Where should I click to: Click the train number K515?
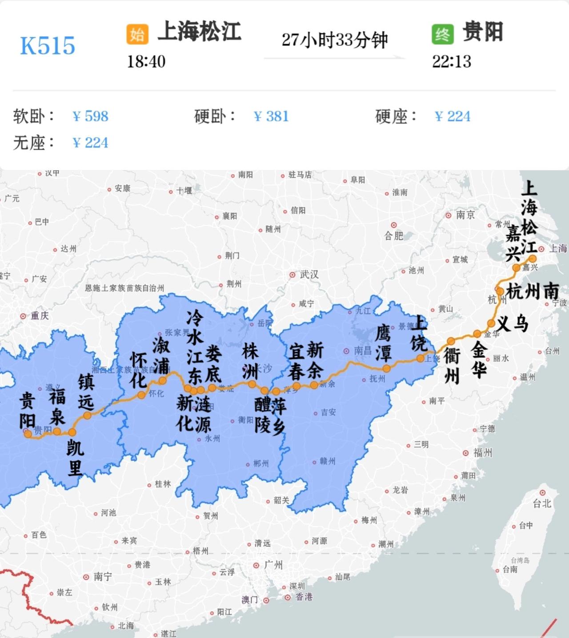click(48, 46)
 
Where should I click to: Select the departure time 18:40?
click(146, 61)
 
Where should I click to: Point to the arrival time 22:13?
click(451, 61)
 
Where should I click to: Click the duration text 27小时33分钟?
click(335, 40)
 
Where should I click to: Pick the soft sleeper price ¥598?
click(91, 116)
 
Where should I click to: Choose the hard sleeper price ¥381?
click(271, 116)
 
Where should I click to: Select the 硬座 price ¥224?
click(453, 116)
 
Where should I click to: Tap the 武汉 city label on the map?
click(309, 275)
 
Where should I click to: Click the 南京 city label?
click(465, 215)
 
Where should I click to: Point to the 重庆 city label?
click(39, 316)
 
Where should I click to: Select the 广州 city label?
click(273, 565)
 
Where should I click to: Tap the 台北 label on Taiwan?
click(542, 503)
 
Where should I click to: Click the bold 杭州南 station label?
click(533, 291)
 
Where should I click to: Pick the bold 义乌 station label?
click(513, 323)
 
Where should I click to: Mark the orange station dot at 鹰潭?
click(387, 368)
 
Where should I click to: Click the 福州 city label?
click(482, 453)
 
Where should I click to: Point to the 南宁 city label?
click(103, 577)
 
